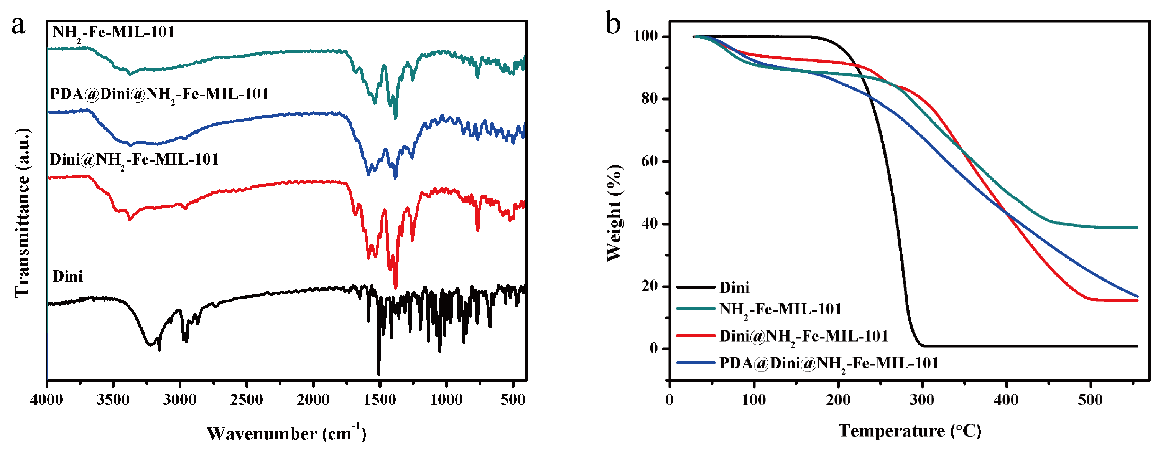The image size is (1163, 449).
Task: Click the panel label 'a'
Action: pos(18,25)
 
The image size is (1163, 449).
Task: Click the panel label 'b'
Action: pos(613,24)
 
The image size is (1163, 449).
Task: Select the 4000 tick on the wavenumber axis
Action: pos(46,399)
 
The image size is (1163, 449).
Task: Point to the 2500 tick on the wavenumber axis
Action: pos(247,399)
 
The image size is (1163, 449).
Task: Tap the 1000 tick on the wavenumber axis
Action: pos(446,399)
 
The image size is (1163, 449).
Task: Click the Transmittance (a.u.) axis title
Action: pos(23,212)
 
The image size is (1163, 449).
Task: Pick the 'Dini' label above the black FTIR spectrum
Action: pos(68,276)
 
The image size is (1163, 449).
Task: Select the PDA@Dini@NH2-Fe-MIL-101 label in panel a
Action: pos(159,94)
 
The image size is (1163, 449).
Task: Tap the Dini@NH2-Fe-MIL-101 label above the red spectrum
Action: pos(134,160)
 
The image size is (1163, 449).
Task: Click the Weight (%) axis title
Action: pos(614,212)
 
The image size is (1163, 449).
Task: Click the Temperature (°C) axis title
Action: pos(910,431)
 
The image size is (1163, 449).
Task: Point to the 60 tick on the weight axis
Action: pos(650,161)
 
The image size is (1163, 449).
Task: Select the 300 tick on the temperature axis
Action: pos(922,399)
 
